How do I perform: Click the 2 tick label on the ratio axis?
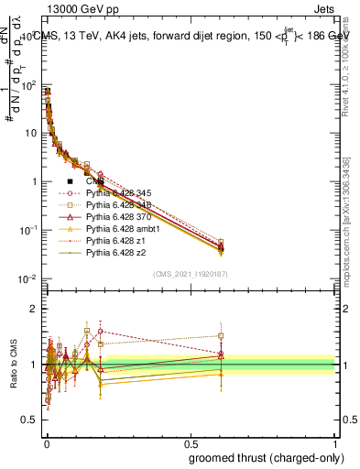tap(34, 309)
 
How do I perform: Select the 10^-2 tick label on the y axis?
tap(28, 278)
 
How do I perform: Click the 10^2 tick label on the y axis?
tap(28, 85)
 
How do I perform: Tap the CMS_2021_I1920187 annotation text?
tap(190, 273)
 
